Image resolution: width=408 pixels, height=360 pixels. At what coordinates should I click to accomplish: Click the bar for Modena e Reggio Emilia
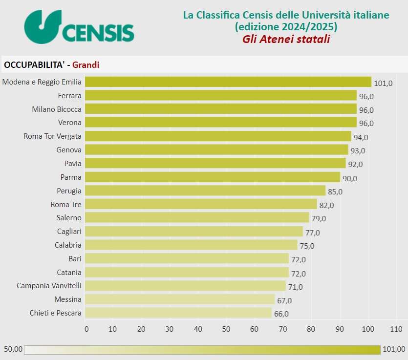pyautogui.click(x=228, y=82)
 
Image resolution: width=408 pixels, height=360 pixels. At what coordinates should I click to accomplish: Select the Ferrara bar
pyautogui.click(x=221, y=95)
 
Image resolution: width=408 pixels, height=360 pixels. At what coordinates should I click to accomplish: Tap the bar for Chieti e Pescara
pyautogui.click(x=178, y=313)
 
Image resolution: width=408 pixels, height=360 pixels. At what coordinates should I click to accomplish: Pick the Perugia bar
pyautogui.click(x=205, y=191)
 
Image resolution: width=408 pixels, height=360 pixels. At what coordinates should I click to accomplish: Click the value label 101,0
pyautogui.click(x=383, y=83)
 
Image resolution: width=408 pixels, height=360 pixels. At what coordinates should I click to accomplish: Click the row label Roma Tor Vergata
pyautogui.click(x=53, y=136)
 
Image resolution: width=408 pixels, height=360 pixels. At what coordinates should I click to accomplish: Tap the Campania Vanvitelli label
pyautogui.click(x=49, y=285)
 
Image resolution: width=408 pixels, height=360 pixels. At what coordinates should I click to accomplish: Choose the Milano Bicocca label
pyautogui.click(x=57, y=109)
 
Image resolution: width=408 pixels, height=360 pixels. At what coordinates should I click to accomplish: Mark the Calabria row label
pyautogui.click(x=68, y=245)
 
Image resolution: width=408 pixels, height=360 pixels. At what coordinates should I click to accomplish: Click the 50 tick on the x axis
pyautogui.click(x=226, y=329)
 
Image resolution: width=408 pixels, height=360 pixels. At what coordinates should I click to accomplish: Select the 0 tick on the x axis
pyautogui.click(x=86, y=329)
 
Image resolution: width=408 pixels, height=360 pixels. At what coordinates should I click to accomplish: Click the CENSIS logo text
pyautogui.click(x=98, y=33)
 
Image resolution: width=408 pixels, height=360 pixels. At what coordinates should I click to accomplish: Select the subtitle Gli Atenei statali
pyautogui.click(x=286, y=39)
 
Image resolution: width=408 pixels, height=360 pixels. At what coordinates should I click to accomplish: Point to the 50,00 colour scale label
pyautogui.click(x=13, y=349)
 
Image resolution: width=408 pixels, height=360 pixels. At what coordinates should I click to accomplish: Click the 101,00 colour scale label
pyautogui.click(x=394, y=349)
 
